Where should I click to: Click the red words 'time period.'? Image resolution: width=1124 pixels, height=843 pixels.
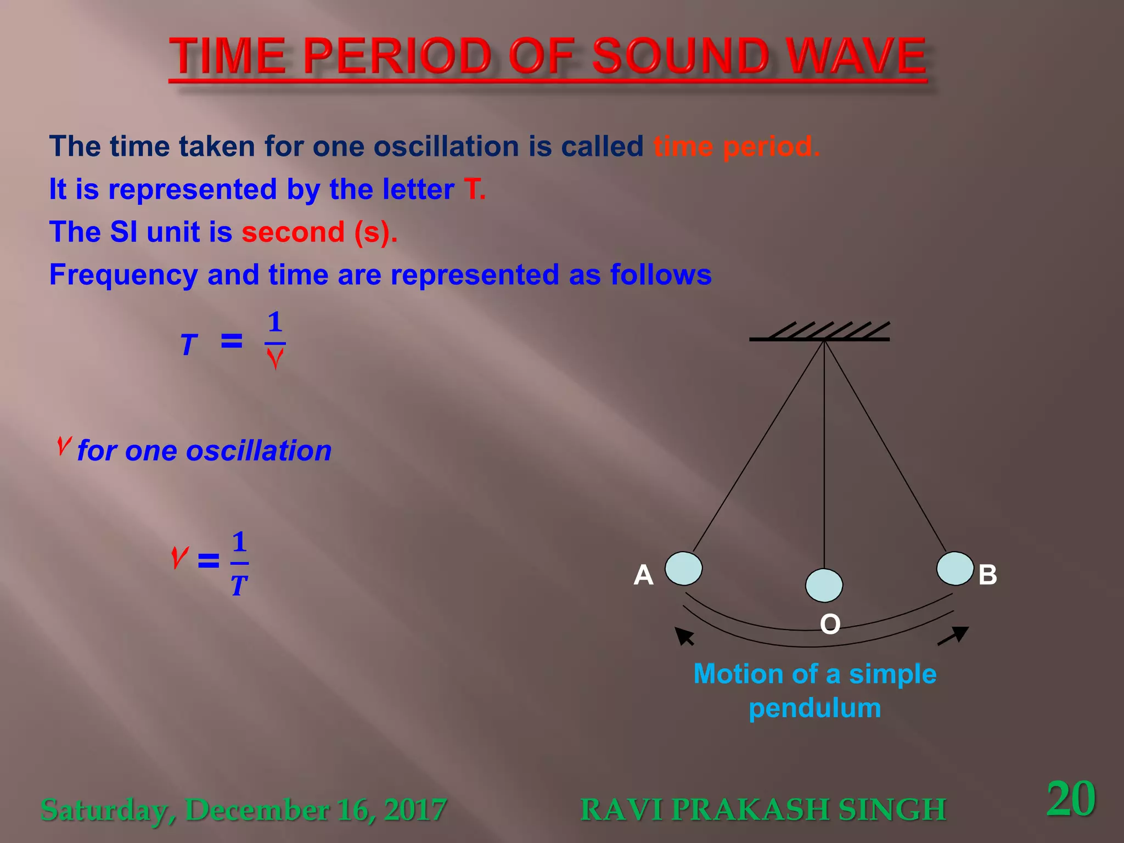737,147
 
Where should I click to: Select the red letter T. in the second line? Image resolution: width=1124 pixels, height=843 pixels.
474,189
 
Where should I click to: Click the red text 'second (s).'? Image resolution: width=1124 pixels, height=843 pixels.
319,232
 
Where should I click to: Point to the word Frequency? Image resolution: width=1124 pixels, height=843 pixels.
123,275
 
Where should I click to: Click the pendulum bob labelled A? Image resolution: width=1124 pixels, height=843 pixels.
683,569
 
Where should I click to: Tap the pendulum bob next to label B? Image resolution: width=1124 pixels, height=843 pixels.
955,569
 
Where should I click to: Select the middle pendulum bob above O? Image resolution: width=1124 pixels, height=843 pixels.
824,586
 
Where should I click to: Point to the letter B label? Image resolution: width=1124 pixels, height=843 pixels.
987,575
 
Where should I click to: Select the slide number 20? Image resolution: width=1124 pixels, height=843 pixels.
1070,799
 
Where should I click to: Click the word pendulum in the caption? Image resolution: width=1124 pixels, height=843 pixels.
814,708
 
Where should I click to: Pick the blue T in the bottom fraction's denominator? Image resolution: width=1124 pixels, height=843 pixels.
239,587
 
